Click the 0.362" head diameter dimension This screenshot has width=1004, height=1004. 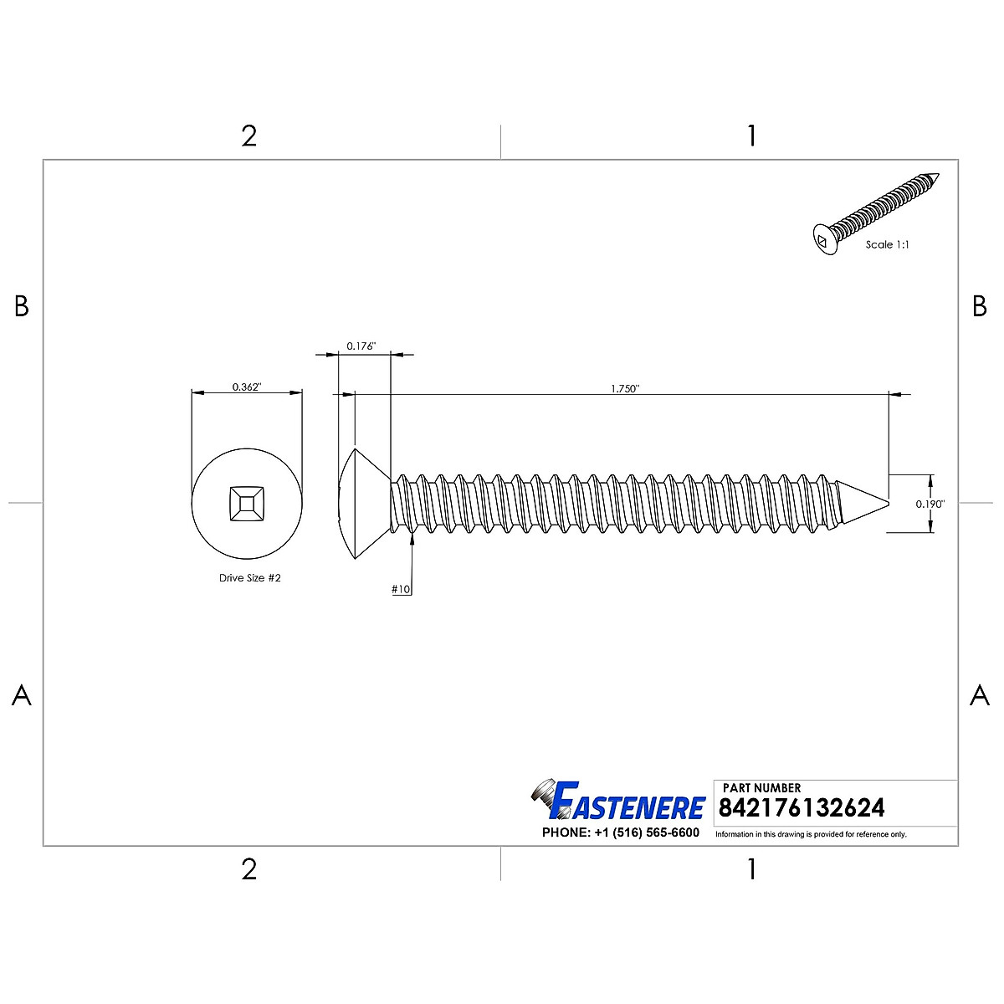click(x=247, y=387)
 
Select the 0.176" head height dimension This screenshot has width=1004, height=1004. click(x=361, y=346)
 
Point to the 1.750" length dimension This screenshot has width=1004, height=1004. click(x=625, y=388)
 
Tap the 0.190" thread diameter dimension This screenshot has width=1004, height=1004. click(x=930, y=504)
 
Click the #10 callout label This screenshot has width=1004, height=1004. click(x=401, y=589)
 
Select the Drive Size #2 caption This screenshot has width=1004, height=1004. click(x=250, y=578)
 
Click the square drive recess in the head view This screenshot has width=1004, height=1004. click(x=247, y=504)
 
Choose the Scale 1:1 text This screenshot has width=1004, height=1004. click(x=887, y=245)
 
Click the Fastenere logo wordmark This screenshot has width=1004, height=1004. click(x=627, y=805)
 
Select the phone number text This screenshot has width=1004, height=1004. click(x=620, y=832)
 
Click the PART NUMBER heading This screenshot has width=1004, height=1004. click(x=761, y=787)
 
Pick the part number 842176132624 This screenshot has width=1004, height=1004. click(x=801, y=807)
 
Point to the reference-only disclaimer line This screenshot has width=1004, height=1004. click(x=811, y=834)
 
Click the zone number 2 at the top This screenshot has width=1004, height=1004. click(x=248, y=136)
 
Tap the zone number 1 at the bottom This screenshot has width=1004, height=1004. click(x=751, y=869)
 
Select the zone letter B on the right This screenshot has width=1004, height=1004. click(x=980, y=307)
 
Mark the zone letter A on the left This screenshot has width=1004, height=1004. click(x=22, y=694)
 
